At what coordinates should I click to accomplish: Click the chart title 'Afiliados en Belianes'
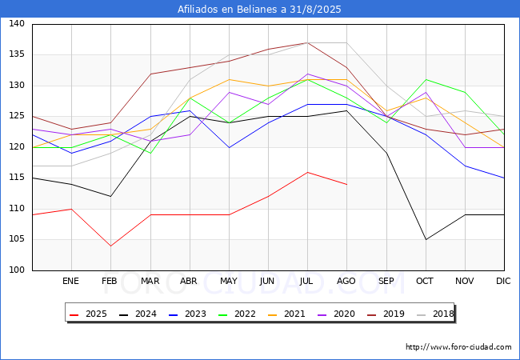(x=259, y=10)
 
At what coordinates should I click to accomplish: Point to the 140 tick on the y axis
(x=16, y=24)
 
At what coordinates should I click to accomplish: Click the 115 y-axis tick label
(x=16, y=178)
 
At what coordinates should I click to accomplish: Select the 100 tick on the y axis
(x=16, y=270)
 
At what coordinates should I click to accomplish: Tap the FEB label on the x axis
(x=110, y=282)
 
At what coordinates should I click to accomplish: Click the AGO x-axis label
(x=346, y=282)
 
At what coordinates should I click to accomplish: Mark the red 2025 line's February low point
(x=110, y=246)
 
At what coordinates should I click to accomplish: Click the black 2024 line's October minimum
(x=426, y=239)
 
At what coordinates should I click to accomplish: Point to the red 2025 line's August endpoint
(x=346, y=184)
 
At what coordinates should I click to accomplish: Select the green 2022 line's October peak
(x=426, y=79)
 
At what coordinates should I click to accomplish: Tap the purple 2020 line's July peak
(x=307, y=74)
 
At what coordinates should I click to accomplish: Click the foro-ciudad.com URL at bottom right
(x=458, y=347)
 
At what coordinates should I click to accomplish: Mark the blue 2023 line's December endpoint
(x=504, y=178)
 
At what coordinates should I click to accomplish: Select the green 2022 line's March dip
(x=150, y=153)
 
